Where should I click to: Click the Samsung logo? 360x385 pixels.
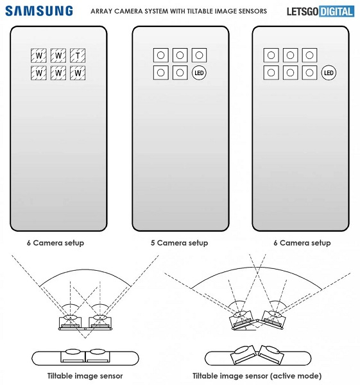[40, 11]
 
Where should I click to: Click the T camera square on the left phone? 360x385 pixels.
[78, 56]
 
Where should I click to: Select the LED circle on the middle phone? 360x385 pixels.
[200, 73]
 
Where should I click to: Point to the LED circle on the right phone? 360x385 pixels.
[329, 73]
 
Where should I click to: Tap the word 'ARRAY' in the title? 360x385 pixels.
[104, 12]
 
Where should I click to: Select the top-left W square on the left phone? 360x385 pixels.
[39, 56]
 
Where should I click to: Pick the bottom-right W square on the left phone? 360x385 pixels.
[78, 73]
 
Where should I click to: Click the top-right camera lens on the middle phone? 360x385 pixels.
[200, 56]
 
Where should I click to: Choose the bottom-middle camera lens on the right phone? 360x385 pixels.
[291, 73]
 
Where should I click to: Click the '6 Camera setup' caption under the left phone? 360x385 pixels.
[55, 243]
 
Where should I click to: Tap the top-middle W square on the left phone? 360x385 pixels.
[58, 56]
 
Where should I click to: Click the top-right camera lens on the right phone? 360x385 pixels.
[310, 56]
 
